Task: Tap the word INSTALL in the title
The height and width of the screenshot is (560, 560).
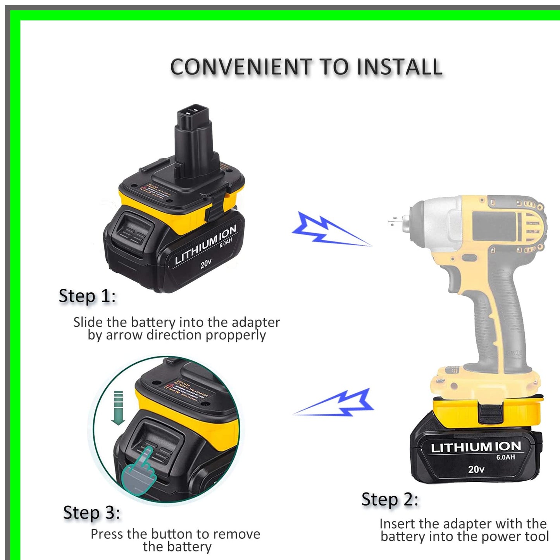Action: [x=399, y=67]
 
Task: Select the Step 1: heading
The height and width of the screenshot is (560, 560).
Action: [x=87, y=296]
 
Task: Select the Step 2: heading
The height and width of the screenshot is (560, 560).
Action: [x=390, y=500]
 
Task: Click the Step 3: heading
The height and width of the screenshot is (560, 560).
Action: [x=91, y=513]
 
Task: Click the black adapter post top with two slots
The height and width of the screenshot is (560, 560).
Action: [x=193, y=114]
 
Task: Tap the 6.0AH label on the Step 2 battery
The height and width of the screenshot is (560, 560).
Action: [x=505, y=457]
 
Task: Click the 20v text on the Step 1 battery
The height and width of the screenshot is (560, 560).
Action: [x=206, y=264]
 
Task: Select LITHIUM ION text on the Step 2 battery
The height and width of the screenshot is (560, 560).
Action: [x=476, y=447]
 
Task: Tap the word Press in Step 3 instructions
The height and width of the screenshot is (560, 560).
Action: [x=107, y=534]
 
